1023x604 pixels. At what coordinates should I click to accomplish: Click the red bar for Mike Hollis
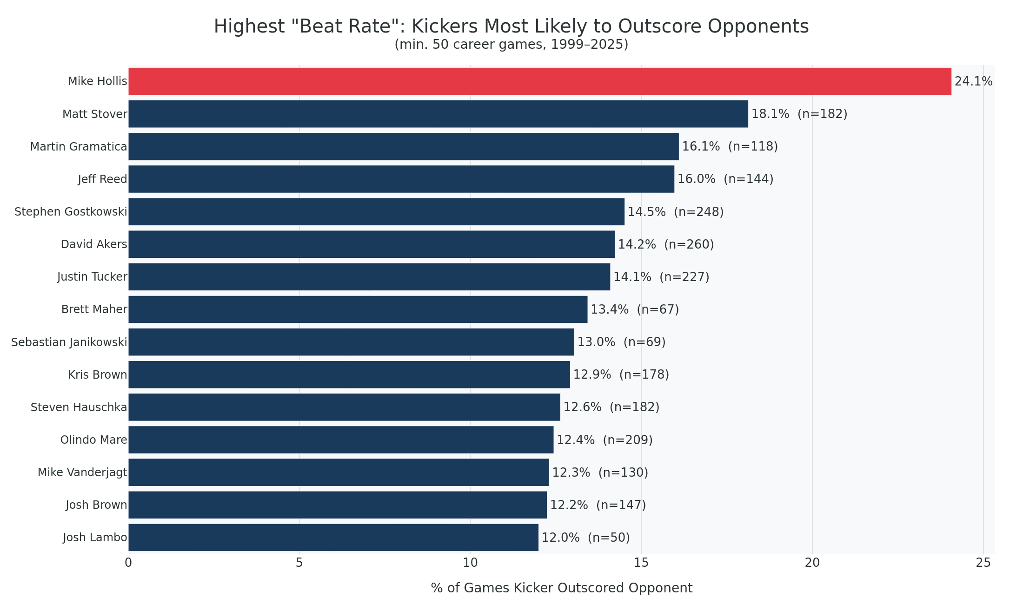pos(539,81)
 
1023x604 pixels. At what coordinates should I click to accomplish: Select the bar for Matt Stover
pos(438,114)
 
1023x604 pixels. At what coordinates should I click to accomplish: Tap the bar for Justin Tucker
pos(369,277)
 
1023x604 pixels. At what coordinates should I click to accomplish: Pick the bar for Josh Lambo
pos(333,538)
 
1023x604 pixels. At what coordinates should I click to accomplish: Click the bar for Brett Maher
pos(358,309)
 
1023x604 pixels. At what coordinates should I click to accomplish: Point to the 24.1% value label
pos(973,82)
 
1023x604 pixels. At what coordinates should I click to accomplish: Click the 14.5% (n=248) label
pos(675,212)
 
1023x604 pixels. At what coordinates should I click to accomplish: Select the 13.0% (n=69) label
pos(621,342)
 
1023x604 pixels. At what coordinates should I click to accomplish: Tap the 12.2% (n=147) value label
pos(598,505)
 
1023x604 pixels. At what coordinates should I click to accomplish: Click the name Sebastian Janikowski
pos(69,342)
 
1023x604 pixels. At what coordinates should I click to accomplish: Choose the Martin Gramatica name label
pos(78,147)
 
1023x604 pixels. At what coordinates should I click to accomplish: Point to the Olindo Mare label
pos(93,440)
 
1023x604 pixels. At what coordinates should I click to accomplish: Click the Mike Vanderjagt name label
pos(82,473)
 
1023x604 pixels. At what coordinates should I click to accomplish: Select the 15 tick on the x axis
pos(641,563)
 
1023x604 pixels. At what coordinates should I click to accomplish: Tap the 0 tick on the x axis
pos(128,563)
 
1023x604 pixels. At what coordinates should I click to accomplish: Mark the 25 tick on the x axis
pos(983,563)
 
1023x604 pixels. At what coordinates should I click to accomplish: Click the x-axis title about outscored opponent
pos(561,588)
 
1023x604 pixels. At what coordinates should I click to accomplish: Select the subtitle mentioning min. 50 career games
pos(511,45)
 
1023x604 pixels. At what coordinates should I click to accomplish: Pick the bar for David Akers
pos(371,244)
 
